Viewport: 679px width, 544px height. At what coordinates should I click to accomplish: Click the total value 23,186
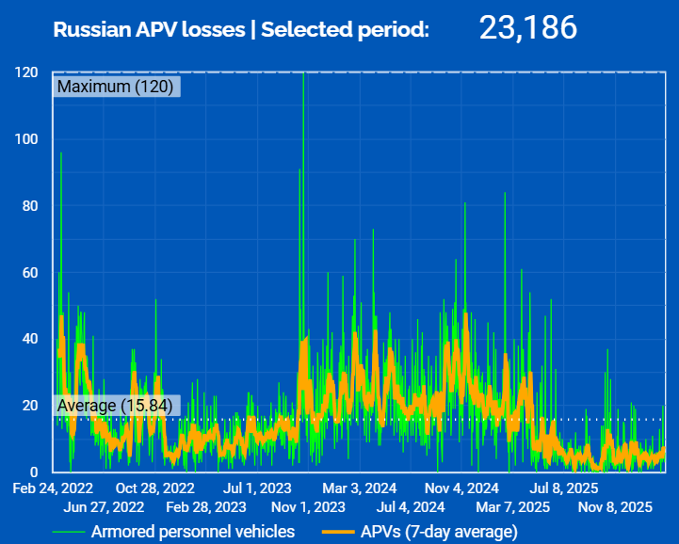coord(527,28)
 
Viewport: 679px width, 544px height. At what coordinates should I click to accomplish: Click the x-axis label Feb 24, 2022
coord(54,488)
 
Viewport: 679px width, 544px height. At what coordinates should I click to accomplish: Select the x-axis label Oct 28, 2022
coord(154,488)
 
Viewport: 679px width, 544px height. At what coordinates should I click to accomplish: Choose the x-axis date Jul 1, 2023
coord(256,488)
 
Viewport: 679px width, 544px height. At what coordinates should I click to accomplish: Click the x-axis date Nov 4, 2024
coord(461,488)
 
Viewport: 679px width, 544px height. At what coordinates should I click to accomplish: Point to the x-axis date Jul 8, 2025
coord(563,488)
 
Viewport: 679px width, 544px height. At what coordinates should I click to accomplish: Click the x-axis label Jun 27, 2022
coord(104,507)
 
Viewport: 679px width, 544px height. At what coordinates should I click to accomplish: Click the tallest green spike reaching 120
coord(303,75)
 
